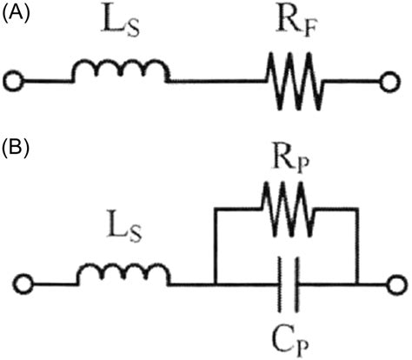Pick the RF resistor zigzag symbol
coord(296,83)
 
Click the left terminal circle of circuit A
coord(13,83)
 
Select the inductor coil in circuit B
coord(124,275)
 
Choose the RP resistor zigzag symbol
coord(284,210)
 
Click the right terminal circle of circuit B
coord(398,283)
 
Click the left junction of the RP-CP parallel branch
coord(213,283)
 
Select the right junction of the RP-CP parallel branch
coord(357,283)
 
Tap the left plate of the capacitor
coord(278,284)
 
